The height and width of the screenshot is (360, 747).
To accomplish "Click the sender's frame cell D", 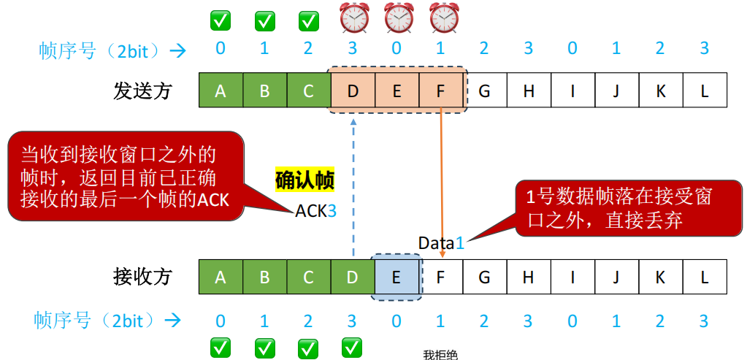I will coord(353,91).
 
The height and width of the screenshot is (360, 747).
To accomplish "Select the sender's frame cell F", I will coord(441,91).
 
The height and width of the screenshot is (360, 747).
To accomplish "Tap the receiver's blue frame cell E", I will coord(397,277).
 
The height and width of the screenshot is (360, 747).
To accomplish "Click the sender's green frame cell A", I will coord(221,91).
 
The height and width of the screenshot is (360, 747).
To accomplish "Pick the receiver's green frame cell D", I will coord(353,277).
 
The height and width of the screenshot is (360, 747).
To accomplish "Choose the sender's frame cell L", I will coord(705,91).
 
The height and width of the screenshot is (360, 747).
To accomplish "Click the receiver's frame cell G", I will coord(484,277).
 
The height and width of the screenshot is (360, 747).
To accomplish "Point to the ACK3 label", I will coord(316,211).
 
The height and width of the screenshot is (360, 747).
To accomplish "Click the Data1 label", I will coord(441,242).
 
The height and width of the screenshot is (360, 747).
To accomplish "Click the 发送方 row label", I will coord(142,91).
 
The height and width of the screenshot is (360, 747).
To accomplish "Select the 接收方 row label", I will coord(142,277).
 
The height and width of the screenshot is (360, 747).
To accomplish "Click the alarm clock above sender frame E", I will coord(399,18).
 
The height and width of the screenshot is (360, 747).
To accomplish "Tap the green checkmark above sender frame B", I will coord(264,20).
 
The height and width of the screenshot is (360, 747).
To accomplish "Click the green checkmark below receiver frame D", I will coord(353,345).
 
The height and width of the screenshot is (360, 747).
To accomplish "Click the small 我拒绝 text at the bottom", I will coord(440,355).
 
